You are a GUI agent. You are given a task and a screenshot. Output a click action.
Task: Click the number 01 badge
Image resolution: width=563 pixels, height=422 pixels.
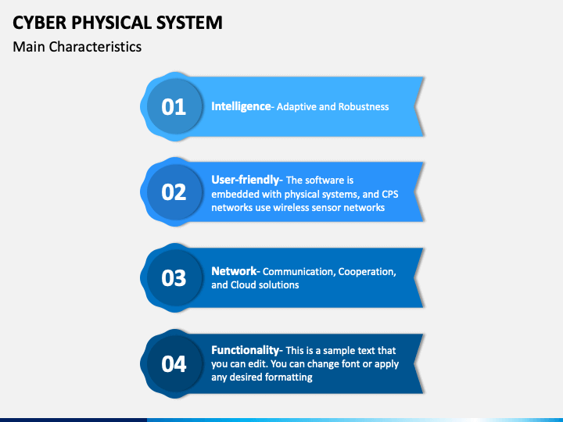click(x=174, y=106)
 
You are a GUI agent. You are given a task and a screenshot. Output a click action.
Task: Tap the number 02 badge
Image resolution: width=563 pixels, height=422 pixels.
click(x=174, y=192)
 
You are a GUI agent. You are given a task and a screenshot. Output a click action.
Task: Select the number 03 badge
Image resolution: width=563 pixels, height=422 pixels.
click(x=174, y=278)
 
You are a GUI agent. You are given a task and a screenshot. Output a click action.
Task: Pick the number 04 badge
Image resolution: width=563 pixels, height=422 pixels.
click(x=174, y=364)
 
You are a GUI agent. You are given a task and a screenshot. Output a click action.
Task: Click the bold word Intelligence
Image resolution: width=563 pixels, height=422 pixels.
click(x=240, y=106)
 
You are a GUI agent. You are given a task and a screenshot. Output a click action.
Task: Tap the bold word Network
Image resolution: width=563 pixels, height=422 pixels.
click(x=234, y=271)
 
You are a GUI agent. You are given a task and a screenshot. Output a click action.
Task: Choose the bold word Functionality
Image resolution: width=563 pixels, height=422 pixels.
click(x=246, y=350)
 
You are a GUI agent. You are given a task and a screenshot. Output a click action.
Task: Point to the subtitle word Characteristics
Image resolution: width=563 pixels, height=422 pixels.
click(x=95, y=47)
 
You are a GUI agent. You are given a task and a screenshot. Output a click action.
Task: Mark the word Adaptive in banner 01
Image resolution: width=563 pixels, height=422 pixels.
click(x=295, y=107)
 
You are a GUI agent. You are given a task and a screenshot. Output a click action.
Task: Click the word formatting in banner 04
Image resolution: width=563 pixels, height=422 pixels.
click(x=288, y=377)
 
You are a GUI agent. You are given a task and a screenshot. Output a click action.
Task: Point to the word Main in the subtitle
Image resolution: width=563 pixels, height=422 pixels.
click(x=29, y=47)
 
